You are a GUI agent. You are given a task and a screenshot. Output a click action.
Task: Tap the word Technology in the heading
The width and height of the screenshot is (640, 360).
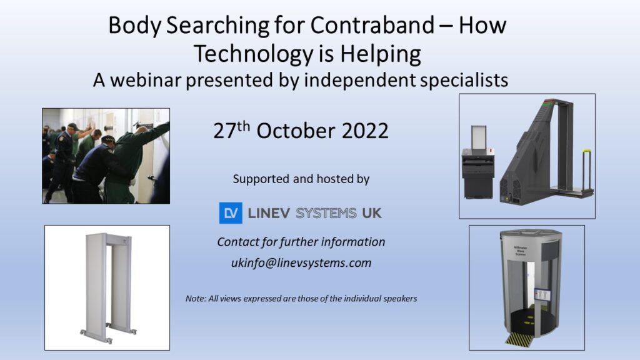[x=253, y=54]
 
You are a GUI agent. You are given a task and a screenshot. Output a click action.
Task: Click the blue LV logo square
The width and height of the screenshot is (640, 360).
[x=230, y=213]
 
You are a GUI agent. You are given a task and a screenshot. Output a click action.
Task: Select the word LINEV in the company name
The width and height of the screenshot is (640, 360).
[x=270, y=213]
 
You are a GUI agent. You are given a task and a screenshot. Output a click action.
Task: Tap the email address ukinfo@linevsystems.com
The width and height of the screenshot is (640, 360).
[x=301, y=263]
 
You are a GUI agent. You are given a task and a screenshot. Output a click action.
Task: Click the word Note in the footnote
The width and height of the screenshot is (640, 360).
[x=196, y=299]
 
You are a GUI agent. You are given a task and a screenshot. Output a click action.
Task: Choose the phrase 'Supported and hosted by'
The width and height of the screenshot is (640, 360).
[x=301, y=179]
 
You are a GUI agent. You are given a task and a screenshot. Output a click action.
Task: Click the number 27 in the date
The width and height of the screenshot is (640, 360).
[x=223, y=131]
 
